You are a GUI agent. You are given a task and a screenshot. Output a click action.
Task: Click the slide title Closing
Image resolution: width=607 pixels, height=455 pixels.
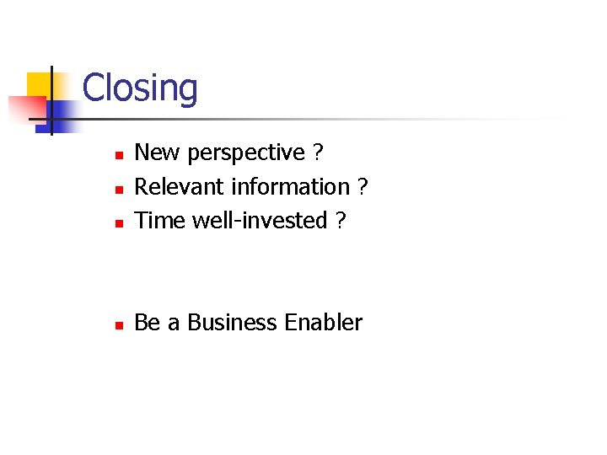(140, 88)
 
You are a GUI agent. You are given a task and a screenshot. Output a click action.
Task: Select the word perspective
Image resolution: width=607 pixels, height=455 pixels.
(246, 153)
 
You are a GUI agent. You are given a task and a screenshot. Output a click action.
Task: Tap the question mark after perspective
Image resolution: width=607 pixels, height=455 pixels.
(317, 153)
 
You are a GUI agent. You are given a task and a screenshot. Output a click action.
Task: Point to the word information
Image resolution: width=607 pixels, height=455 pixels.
(292, 186)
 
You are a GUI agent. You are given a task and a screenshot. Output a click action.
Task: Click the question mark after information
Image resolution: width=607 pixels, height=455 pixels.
(363, 186)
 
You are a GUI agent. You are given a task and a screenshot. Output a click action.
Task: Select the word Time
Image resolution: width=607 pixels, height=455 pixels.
(160, 220)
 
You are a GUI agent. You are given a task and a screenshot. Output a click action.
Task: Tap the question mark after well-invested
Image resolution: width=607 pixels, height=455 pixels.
(340, 220)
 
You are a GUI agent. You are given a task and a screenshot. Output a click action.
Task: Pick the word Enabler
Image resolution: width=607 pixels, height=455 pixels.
(324, 323)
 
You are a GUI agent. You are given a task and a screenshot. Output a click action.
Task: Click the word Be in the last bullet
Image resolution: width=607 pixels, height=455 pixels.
(148, 323)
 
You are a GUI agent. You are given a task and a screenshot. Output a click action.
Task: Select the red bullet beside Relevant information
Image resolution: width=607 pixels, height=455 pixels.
(120, 190)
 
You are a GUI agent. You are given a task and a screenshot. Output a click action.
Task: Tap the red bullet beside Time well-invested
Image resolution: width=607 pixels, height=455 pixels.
(120, 223)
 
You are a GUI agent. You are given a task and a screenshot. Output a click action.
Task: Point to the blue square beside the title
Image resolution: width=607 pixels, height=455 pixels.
(65, 112)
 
